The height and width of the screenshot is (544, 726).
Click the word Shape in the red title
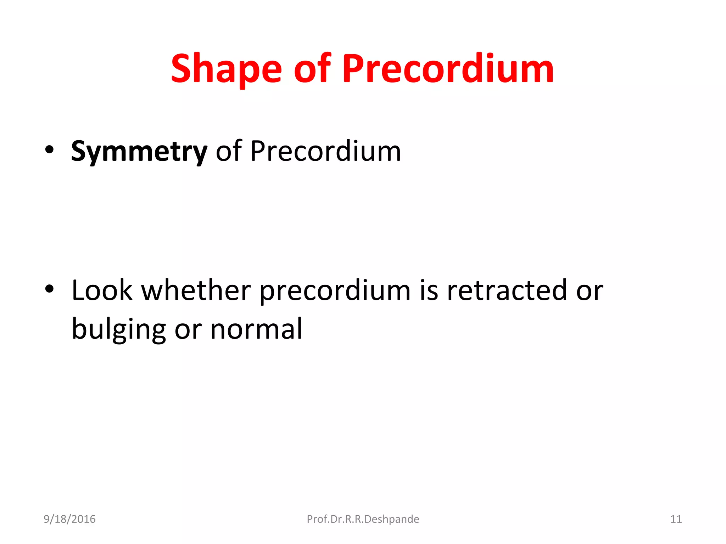point(226,69)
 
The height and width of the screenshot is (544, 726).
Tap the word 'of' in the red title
point(312,69)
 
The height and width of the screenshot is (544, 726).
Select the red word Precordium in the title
point(448,69)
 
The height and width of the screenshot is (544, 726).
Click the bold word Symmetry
point(139,152)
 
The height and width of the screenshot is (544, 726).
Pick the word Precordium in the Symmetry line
point(325,152)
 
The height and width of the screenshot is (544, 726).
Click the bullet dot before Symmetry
point(50,150)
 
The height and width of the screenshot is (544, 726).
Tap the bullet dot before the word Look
point(50,289)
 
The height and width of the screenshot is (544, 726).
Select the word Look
point(102,290)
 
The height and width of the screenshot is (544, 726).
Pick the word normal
point(256,329)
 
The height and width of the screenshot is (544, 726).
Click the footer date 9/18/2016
point(69,519)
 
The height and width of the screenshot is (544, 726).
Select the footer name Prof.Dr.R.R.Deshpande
point(363,519)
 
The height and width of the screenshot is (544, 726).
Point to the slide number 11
point(676,519)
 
